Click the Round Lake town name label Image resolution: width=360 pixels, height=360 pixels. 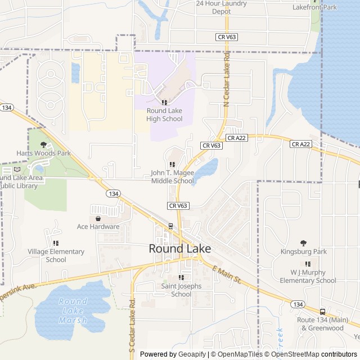pos(179,249)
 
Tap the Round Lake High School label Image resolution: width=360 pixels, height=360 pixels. pos(164,115)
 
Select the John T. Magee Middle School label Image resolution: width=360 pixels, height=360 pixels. pos(172,177)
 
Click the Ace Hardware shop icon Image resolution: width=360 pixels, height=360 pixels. pos(98,218)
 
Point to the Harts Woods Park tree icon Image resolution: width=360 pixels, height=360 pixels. pos(44,145)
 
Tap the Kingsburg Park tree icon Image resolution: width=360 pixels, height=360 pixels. pos(304,243)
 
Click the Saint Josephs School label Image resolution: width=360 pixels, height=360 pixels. pos(181,290)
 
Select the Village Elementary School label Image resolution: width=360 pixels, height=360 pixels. pos(56,255)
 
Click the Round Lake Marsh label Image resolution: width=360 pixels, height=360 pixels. pos(73,310)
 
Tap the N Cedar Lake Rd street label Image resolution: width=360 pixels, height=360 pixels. pos(227,79)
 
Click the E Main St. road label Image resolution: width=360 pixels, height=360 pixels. pos(227,274)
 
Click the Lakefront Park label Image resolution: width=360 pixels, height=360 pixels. pos(314,7)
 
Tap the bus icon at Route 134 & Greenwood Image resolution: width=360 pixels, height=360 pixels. pos(322,312)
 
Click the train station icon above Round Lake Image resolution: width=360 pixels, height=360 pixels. pos(170,226)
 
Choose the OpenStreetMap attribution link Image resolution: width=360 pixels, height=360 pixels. pos(296,354)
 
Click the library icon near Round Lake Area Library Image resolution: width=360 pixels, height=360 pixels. pos(17,169)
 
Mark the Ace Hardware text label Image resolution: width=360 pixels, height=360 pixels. pos(98,227)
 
